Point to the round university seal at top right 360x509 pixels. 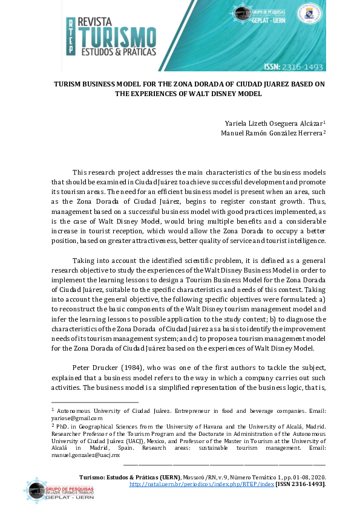(309, 13)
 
